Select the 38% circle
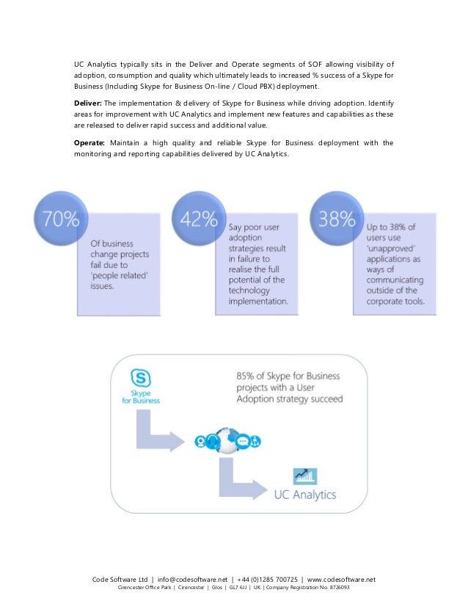click(x=337, y=219)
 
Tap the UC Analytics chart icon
click(x=304, y=476)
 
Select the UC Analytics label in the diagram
click(x=304, y=494)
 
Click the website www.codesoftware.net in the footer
click(x=341, y=578)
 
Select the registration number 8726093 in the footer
click(x=339, y=588)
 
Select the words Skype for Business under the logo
click(x=141, y=396)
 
